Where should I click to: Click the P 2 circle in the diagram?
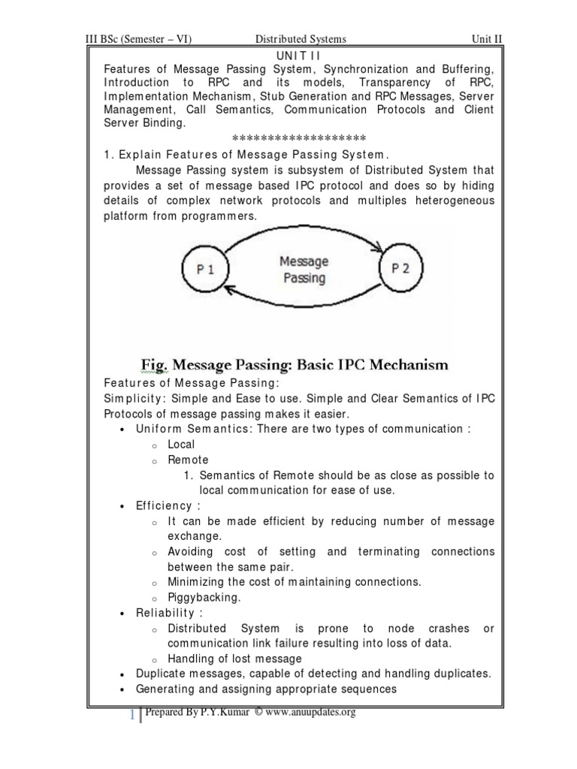click(x=400, y=270)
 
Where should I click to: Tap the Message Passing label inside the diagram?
click(x=304, y=270)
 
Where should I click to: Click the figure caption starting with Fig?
click(x=295, y=365)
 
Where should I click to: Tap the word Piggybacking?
click(x=204, y=597)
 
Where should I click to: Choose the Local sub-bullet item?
click(x=181, y=444)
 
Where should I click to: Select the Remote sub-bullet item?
click(x=188, y=460)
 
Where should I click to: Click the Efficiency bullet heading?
click(x=168, y=505)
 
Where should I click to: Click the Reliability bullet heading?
click(x=169, y=613)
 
